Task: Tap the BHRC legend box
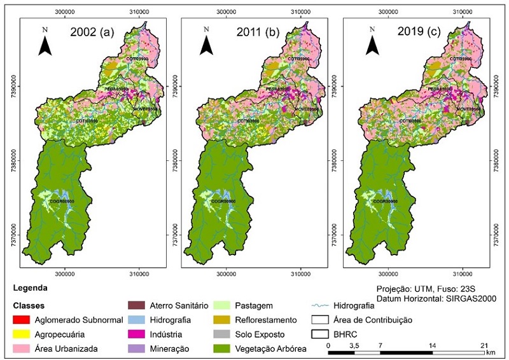(x=322, y=333)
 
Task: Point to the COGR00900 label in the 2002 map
(x=62, y=202)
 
